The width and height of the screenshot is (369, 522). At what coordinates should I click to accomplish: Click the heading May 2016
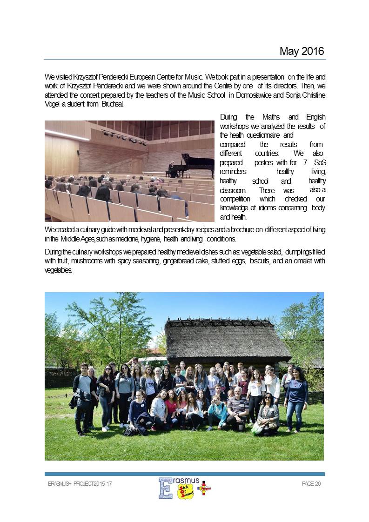(301, 51)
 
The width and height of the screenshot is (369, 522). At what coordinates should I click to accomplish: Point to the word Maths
(271, 117)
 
